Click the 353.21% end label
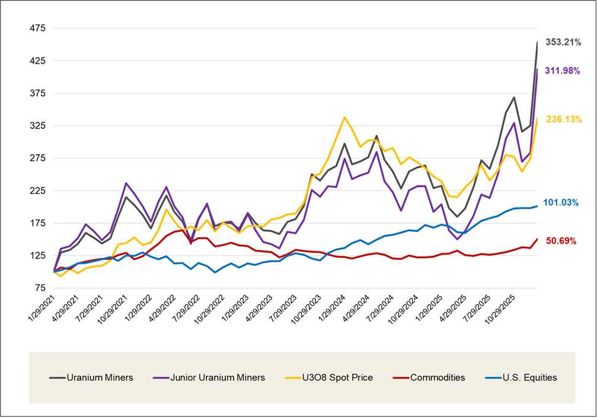click(x=563, y=42)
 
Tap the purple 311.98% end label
click(x=563, y=71)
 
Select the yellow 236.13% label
click(x=563, y=119)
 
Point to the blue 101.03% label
click(x=563, y=202)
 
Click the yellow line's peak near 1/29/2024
click(x=344, y=117)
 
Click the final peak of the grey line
click(x=537, y=42)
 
